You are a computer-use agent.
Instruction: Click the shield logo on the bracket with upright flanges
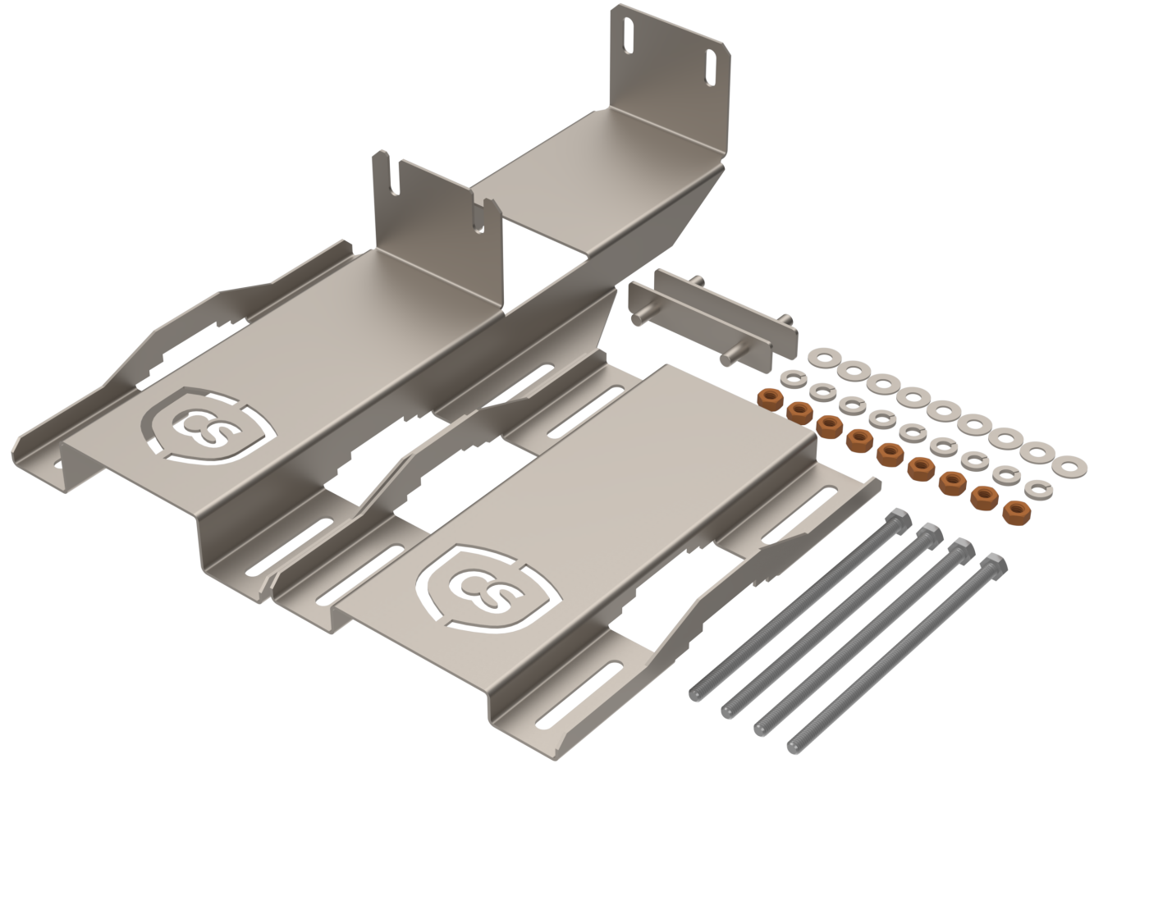pyautogui.click(x=209, y=426)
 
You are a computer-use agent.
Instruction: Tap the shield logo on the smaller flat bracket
pyautogui.click(x=487, y=589)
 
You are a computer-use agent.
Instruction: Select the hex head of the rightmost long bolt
pyautogui.click(x=994, y=565)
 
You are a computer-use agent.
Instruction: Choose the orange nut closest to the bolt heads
pyautogui.click(x=1017, y=513)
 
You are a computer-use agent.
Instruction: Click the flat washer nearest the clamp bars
pyautogui.click(x=824, y=358)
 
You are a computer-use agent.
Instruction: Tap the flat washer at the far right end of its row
pyautogui.click(x=1069, y=467)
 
